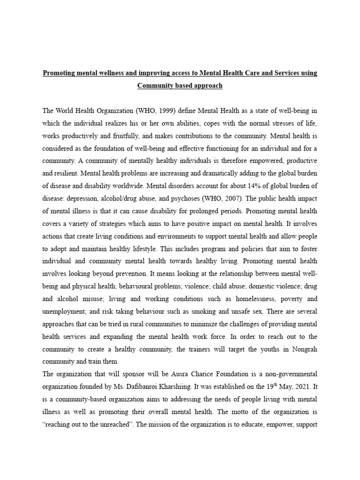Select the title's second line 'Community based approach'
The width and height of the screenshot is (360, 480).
coord(180,86)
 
